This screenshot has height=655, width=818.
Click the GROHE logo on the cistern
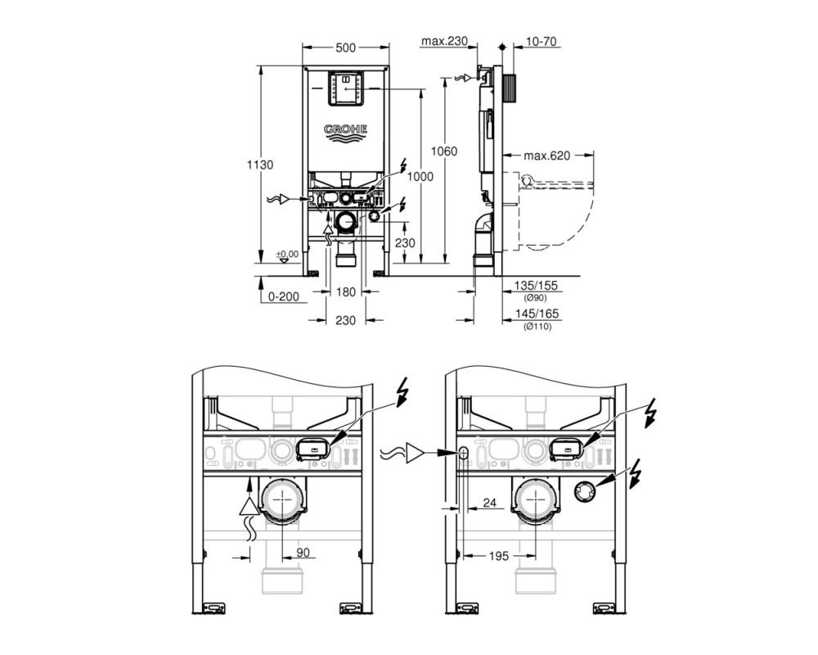click(x=345, y=133)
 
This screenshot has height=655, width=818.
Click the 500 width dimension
click(x=345, y=48)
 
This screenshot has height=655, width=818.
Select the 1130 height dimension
click(x=260, y=165)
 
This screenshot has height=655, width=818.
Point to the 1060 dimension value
click(x=443, y=151)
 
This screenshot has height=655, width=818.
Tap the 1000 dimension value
click(x=420, y=177)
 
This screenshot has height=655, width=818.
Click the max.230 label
click(x=444, y=41)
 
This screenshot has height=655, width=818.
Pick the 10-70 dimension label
click(x=541, y=41)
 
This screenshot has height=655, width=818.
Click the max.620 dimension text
click(x=546, y=155)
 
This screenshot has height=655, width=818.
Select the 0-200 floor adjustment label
click(x=284, y=296)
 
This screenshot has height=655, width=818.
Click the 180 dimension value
click(x=345, y=292)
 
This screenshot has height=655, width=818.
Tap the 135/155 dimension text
click(x=537, y=286)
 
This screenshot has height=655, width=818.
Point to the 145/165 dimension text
click(x=537, y=314)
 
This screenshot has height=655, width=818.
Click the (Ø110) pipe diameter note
click(x=537, y=327)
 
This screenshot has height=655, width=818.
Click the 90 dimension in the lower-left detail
click(x=303, y=552)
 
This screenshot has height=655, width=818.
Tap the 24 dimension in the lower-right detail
click(x=489, y=503)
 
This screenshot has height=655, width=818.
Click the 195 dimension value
click(x=498, y=556)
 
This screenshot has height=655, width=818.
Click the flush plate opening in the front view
click(x=345, y=89)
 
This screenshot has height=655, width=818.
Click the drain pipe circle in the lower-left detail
click(x=281, y=499)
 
